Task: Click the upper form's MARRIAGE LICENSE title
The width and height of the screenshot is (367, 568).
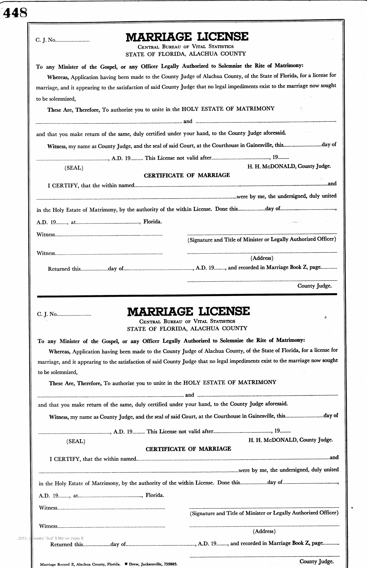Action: [x=187, y=37]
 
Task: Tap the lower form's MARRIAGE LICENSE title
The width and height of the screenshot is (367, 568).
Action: [x=188, y=311]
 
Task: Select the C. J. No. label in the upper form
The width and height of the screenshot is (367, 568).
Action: [x=46, y=40]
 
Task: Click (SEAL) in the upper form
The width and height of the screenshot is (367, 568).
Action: [x=73, y=168]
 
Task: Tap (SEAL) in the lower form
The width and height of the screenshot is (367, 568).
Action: [x=76, y=441]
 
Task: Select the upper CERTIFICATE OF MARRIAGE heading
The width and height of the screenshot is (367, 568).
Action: [x=187, y=175]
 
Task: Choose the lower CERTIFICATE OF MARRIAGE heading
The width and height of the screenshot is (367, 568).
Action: [x=188, y=449]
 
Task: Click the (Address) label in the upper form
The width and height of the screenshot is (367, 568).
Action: [x=262, y=258]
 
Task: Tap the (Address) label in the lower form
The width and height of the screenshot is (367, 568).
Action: [x=264, y=531]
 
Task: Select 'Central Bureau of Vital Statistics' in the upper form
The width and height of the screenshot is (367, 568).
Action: [x=186, y=47]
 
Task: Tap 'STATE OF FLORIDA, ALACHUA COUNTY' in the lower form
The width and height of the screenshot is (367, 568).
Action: [x=187, y=328]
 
